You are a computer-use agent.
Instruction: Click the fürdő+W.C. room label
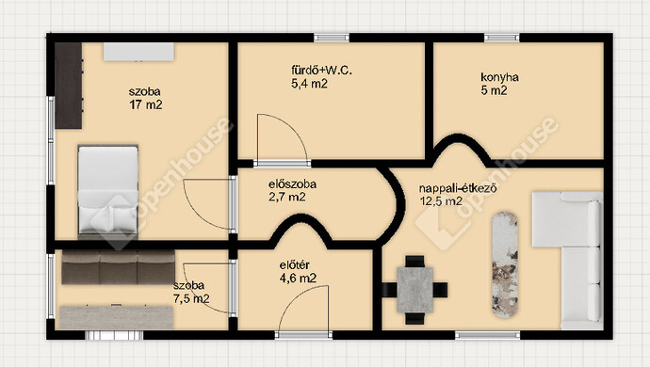(321, 71)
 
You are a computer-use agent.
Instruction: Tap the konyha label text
(499, 77)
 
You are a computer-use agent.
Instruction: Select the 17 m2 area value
(145, 104)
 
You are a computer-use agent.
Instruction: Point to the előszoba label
(292, 183)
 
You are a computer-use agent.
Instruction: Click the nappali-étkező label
(458, 188)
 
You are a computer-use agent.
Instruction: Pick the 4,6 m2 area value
(298, 279)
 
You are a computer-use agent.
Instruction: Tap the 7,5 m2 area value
(191, 298)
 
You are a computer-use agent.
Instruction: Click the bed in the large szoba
(107, 190)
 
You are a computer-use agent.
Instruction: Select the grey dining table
(414, 290)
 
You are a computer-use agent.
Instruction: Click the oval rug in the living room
(505, 265)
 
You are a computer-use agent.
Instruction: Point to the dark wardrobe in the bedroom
(69, 86)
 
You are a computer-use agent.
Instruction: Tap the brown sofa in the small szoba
(118, 267)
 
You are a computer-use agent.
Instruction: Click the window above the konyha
(501, 38)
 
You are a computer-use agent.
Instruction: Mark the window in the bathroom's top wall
(332, 38)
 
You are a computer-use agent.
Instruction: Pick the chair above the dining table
(414, 262)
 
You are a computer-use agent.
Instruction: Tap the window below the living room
(487, 335)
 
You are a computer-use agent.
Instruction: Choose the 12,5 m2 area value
(441, 201)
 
